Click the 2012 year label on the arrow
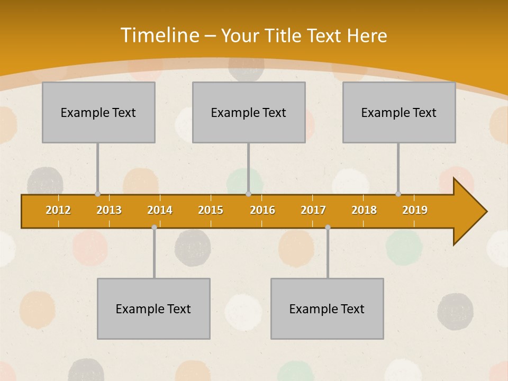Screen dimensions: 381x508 (x=58, y=210)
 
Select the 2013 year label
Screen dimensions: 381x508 (x=109, y=210)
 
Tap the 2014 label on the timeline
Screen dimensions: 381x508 (x=160, y=210)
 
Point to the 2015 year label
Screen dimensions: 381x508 (x=211, y=210)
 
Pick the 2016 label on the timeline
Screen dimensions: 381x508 (x=262, y=210)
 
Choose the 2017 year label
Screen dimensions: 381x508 (x=313, y=210)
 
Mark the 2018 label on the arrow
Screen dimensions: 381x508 (x=364, y=210)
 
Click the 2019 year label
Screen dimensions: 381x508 (x=415, y=210)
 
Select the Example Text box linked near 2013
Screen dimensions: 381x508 (x=98, y=112)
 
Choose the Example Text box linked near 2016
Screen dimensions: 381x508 (x=249, y=112)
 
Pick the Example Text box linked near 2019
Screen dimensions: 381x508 (x=399, y=112)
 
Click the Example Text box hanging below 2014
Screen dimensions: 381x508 (x=153, y=309)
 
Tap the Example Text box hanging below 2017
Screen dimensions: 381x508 (x=327, y=309)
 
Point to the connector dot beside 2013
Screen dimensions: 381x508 (x=97, y=194)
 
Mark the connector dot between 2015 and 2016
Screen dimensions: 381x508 (x=248, y=194)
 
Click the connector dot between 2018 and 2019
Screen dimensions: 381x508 (x=398, y=194)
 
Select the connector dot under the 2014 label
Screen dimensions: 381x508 (x=154, y=227)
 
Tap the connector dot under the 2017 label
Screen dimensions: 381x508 (x=328, y=227)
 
